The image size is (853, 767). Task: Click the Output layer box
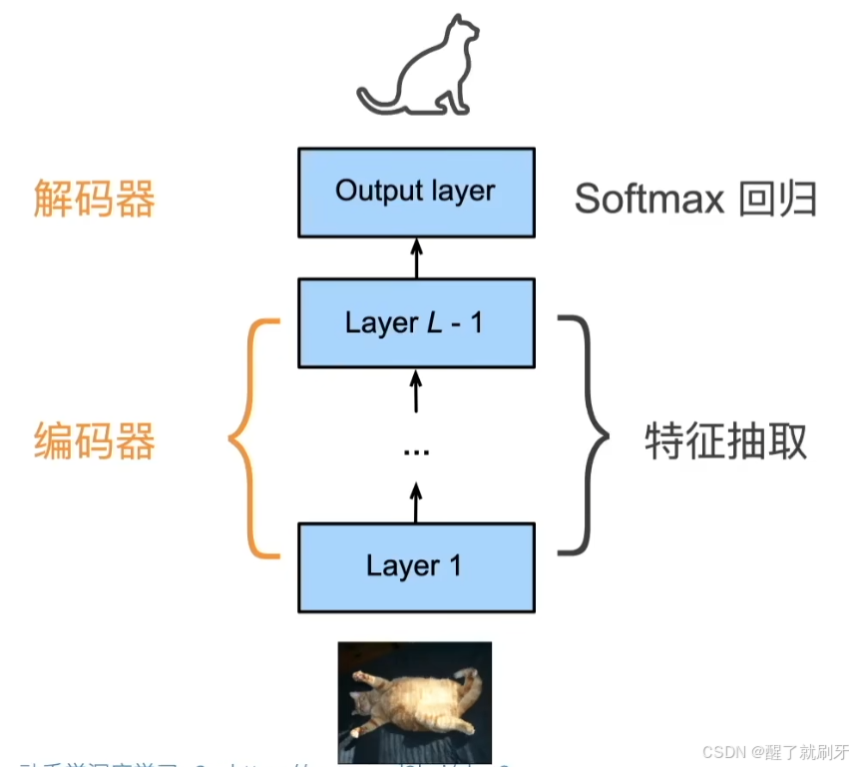pos(415,192)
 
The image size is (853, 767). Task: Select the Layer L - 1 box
pos(415,323)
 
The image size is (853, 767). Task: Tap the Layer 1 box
pos(415,566)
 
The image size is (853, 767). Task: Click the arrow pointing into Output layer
pos(416,257)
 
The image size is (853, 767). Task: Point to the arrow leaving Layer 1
pos(416,501)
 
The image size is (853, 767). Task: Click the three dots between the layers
pos(415,451)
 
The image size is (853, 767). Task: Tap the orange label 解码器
pos(94,198)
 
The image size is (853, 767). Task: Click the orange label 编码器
pos(94,441)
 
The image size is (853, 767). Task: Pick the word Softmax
pos(648,199)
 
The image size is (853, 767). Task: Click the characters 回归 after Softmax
pos(778,199)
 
